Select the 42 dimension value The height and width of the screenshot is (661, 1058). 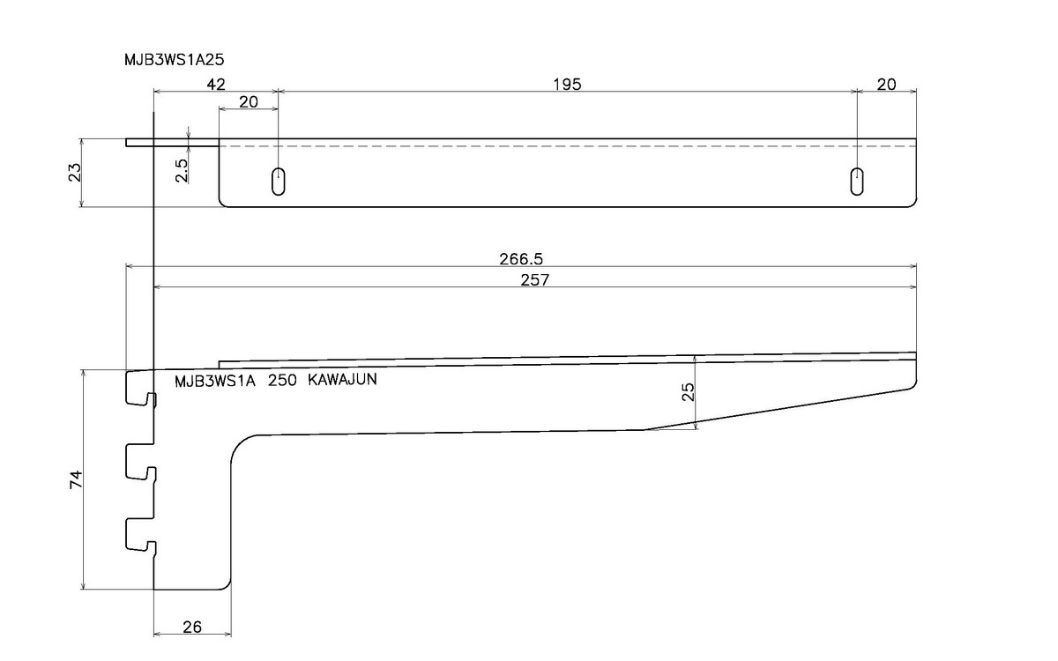pyautogui.click(x=216, y=84)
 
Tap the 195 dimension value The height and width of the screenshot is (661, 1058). pyautogui.click(x=568, y=84)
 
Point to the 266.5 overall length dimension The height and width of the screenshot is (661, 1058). pyautogui.click(x=521, y=259)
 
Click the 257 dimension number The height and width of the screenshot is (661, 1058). pyautogui.click(x=535, y=280)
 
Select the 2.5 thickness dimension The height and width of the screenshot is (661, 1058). pyautogui.click(x=182, y=169)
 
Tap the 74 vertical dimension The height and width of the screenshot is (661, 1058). pyautogui.click(x=76, y=479)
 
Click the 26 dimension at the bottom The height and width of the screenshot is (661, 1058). pyautogui.click(x=192, y=627)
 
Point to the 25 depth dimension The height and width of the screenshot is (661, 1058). pyautogui.click(x=689, y=391)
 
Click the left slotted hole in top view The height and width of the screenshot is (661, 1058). pyautogui.click(x=278, y=181)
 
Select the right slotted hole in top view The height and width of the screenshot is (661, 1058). pyautogui.click(x=856, y=181)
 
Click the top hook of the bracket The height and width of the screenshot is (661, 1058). pyautogui.click(x=141, y=389)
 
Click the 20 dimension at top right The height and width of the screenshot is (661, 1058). pyautogui.click(x=887, y=84)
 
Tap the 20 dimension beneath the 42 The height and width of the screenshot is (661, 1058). pyautogui.click(x=249, y=101)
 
